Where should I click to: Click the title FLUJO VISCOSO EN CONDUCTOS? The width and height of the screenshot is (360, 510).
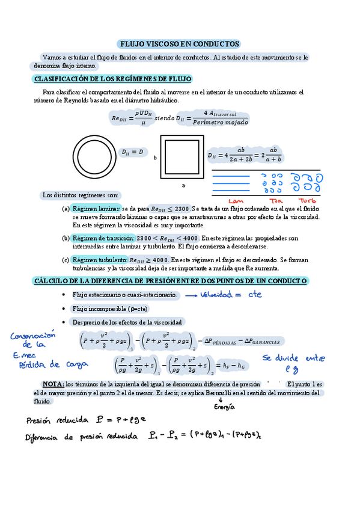180,44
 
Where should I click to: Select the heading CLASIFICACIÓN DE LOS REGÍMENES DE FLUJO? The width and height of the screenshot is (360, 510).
112,79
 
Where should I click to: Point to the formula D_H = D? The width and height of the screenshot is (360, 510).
133,152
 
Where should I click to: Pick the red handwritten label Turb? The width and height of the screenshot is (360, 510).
308,200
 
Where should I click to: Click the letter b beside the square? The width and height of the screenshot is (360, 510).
155,158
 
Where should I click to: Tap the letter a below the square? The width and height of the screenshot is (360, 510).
183,185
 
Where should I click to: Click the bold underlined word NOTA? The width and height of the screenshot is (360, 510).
53,384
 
